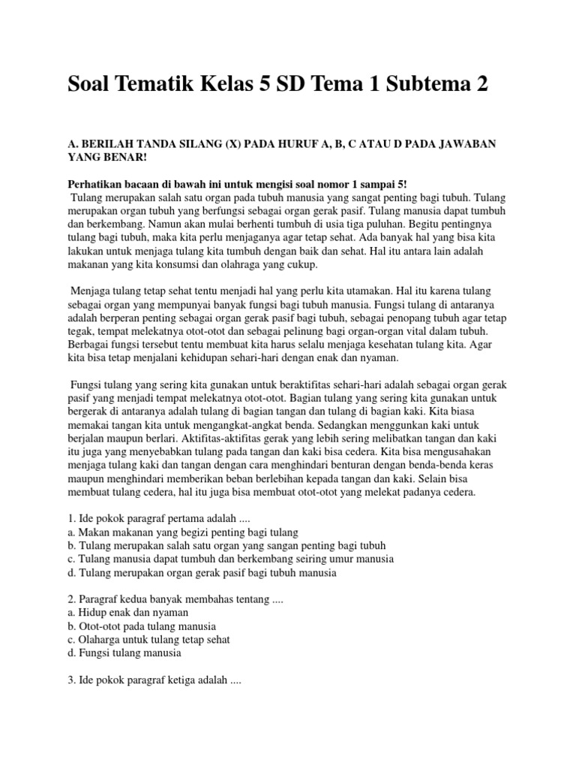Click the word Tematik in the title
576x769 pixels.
pos(165,85)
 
